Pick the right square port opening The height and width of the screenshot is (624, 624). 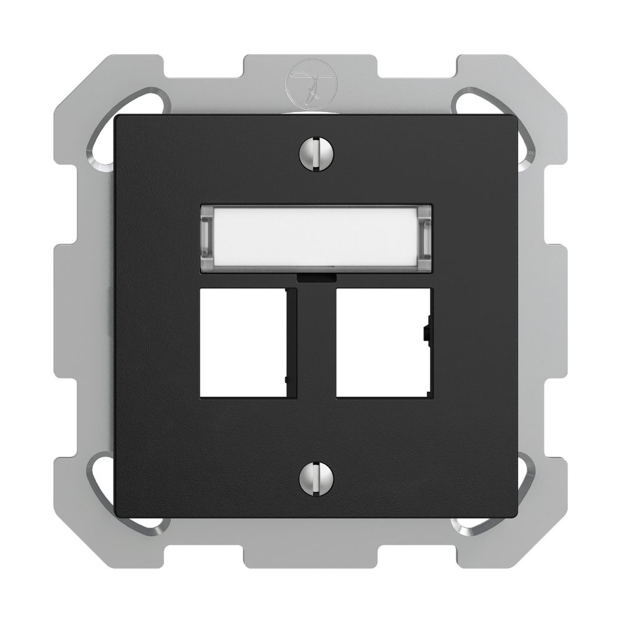pos(381,343)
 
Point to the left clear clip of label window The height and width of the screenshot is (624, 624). pos(207,238)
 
